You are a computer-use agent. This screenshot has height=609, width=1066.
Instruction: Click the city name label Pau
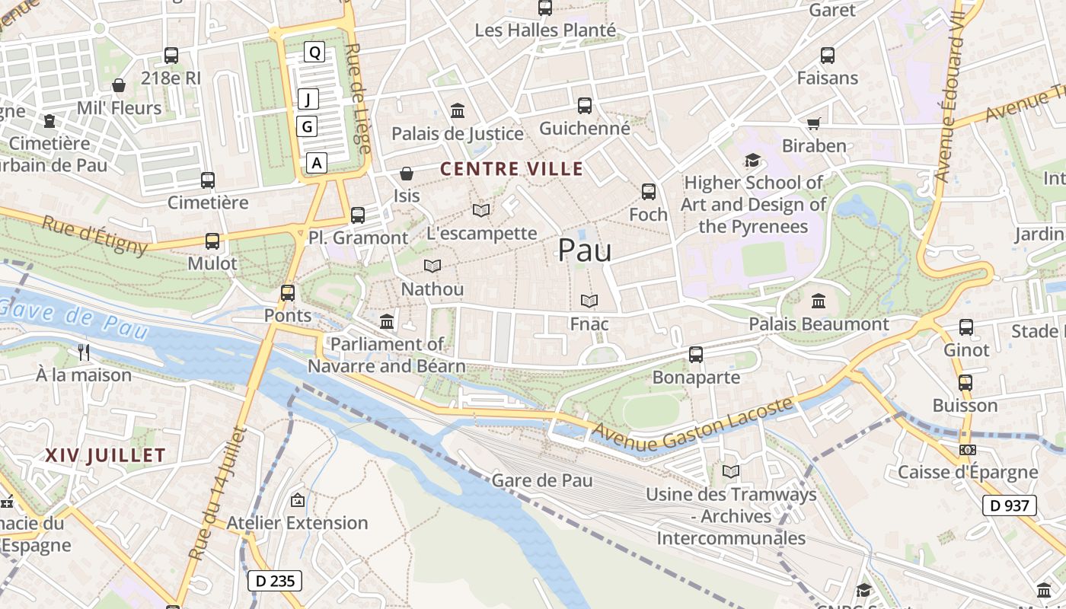[585, 250]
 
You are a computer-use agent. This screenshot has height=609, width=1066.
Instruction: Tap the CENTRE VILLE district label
[512, 169]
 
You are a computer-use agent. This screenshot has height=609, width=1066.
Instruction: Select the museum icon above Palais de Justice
[458, 111]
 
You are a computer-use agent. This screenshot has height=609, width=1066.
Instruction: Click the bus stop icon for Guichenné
[584, 106]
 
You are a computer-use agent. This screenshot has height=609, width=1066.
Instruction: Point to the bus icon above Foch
[648, 192]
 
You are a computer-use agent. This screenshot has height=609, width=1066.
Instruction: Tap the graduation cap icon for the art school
[752, 161]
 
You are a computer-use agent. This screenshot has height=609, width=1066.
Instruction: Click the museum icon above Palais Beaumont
[819, 301]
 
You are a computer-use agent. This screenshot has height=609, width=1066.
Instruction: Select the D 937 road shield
[1009, 505]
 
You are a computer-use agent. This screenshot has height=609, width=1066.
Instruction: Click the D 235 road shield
[275, 581]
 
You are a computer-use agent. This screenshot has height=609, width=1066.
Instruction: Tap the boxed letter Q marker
[314, 52]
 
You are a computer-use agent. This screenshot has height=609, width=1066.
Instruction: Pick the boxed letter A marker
[317, 162]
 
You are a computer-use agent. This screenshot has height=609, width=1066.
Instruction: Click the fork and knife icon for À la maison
[84, 352]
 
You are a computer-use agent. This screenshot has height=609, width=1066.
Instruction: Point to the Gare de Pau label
[542, 480]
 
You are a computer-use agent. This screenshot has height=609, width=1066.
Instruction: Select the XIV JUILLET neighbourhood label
[105, 455]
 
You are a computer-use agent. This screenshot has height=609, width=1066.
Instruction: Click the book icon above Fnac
[589, 301]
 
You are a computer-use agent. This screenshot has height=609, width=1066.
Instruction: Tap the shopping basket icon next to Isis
[407, 174]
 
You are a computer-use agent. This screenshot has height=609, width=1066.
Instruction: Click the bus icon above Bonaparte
[696, 354]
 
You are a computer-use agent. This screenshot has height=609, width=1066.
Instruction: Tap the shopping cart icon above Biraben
[813, 123]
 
